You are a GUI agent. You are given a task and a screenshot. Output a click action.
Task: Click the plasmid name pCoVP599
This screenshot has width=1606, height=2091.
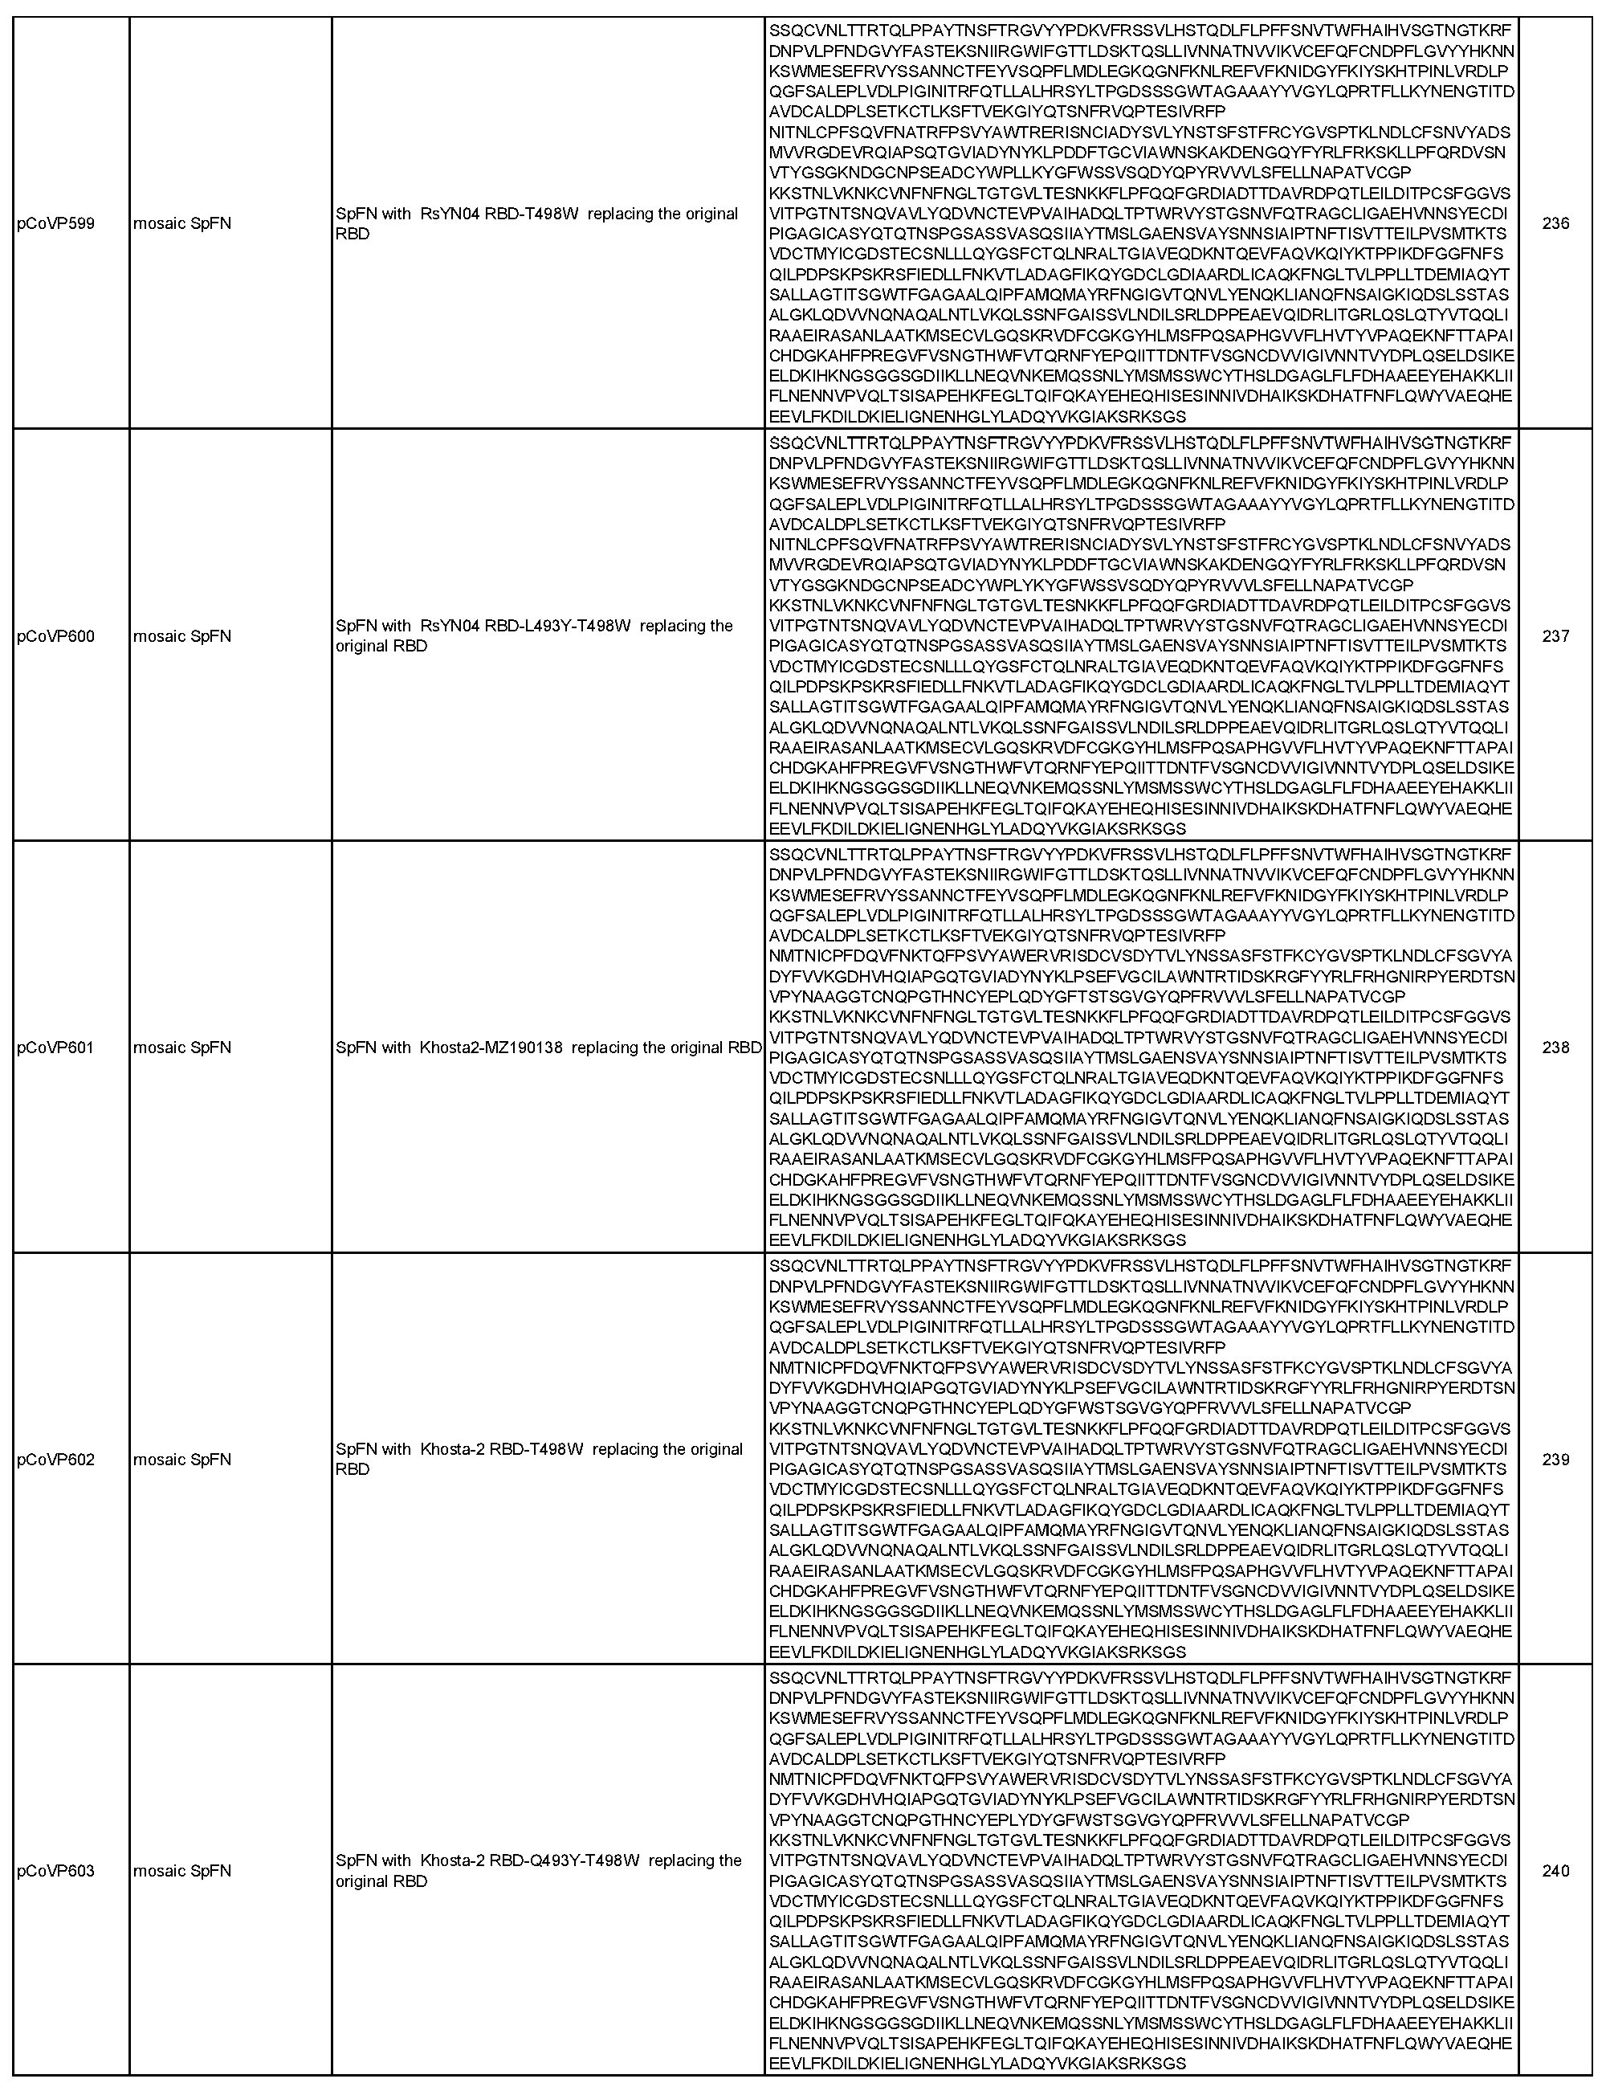(x=55, y=224)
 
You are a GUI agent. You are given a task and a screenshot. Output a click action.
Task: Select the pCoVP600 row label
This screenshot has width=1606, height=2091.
(x=55, y=635)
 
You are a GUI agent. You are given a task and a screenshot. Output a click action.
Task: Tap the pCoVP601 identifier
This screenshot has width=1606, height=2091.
(x=55, y=1047)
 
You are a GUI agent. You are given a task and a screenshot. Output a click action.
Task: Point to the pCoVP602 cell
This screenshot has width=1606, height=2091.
(x=55, y=1459)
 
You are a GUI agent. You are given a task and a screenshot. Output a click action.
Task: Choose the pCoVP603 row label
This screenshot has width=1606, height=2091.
(x=55, y=1870)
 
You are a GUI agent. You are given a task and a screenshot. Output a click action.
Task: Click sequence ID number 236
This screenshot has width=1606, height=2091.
(x=1555, y=224)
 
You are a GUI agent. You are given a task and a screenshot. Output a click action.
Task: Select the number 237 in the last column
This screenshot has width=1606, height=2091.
(x=1555, y=635)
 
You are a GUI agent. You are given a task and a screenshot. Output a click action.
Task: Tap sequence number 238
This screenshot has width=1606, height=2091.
(x=1555, y=1047)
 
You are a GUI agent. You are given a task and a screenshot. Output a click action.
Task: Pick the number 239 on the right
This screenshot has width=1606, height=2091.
(x=1555, y=1459)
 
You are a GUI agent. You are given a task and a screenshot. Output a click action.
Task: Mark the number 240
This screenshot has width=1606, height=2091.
(x=1555, y=1870)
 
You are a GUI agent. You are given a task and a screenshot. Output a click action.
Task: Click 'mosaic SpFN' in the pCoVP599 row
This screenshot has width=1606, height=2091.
(x=182, y=224)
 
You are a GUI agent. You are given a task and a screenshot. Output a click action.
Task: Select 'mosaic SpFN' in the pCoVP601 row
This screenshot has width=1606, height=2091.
(x=182, y=1047)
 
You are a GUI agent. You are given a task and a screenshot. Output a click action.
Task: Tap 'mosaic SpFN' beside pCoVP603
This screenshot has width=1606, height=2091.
(x=182, y=1870)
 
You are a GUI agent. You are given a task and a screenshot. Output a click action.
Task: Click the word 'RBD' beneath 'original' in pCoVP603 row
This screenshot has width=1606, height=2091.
(x=352, y=1881)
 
